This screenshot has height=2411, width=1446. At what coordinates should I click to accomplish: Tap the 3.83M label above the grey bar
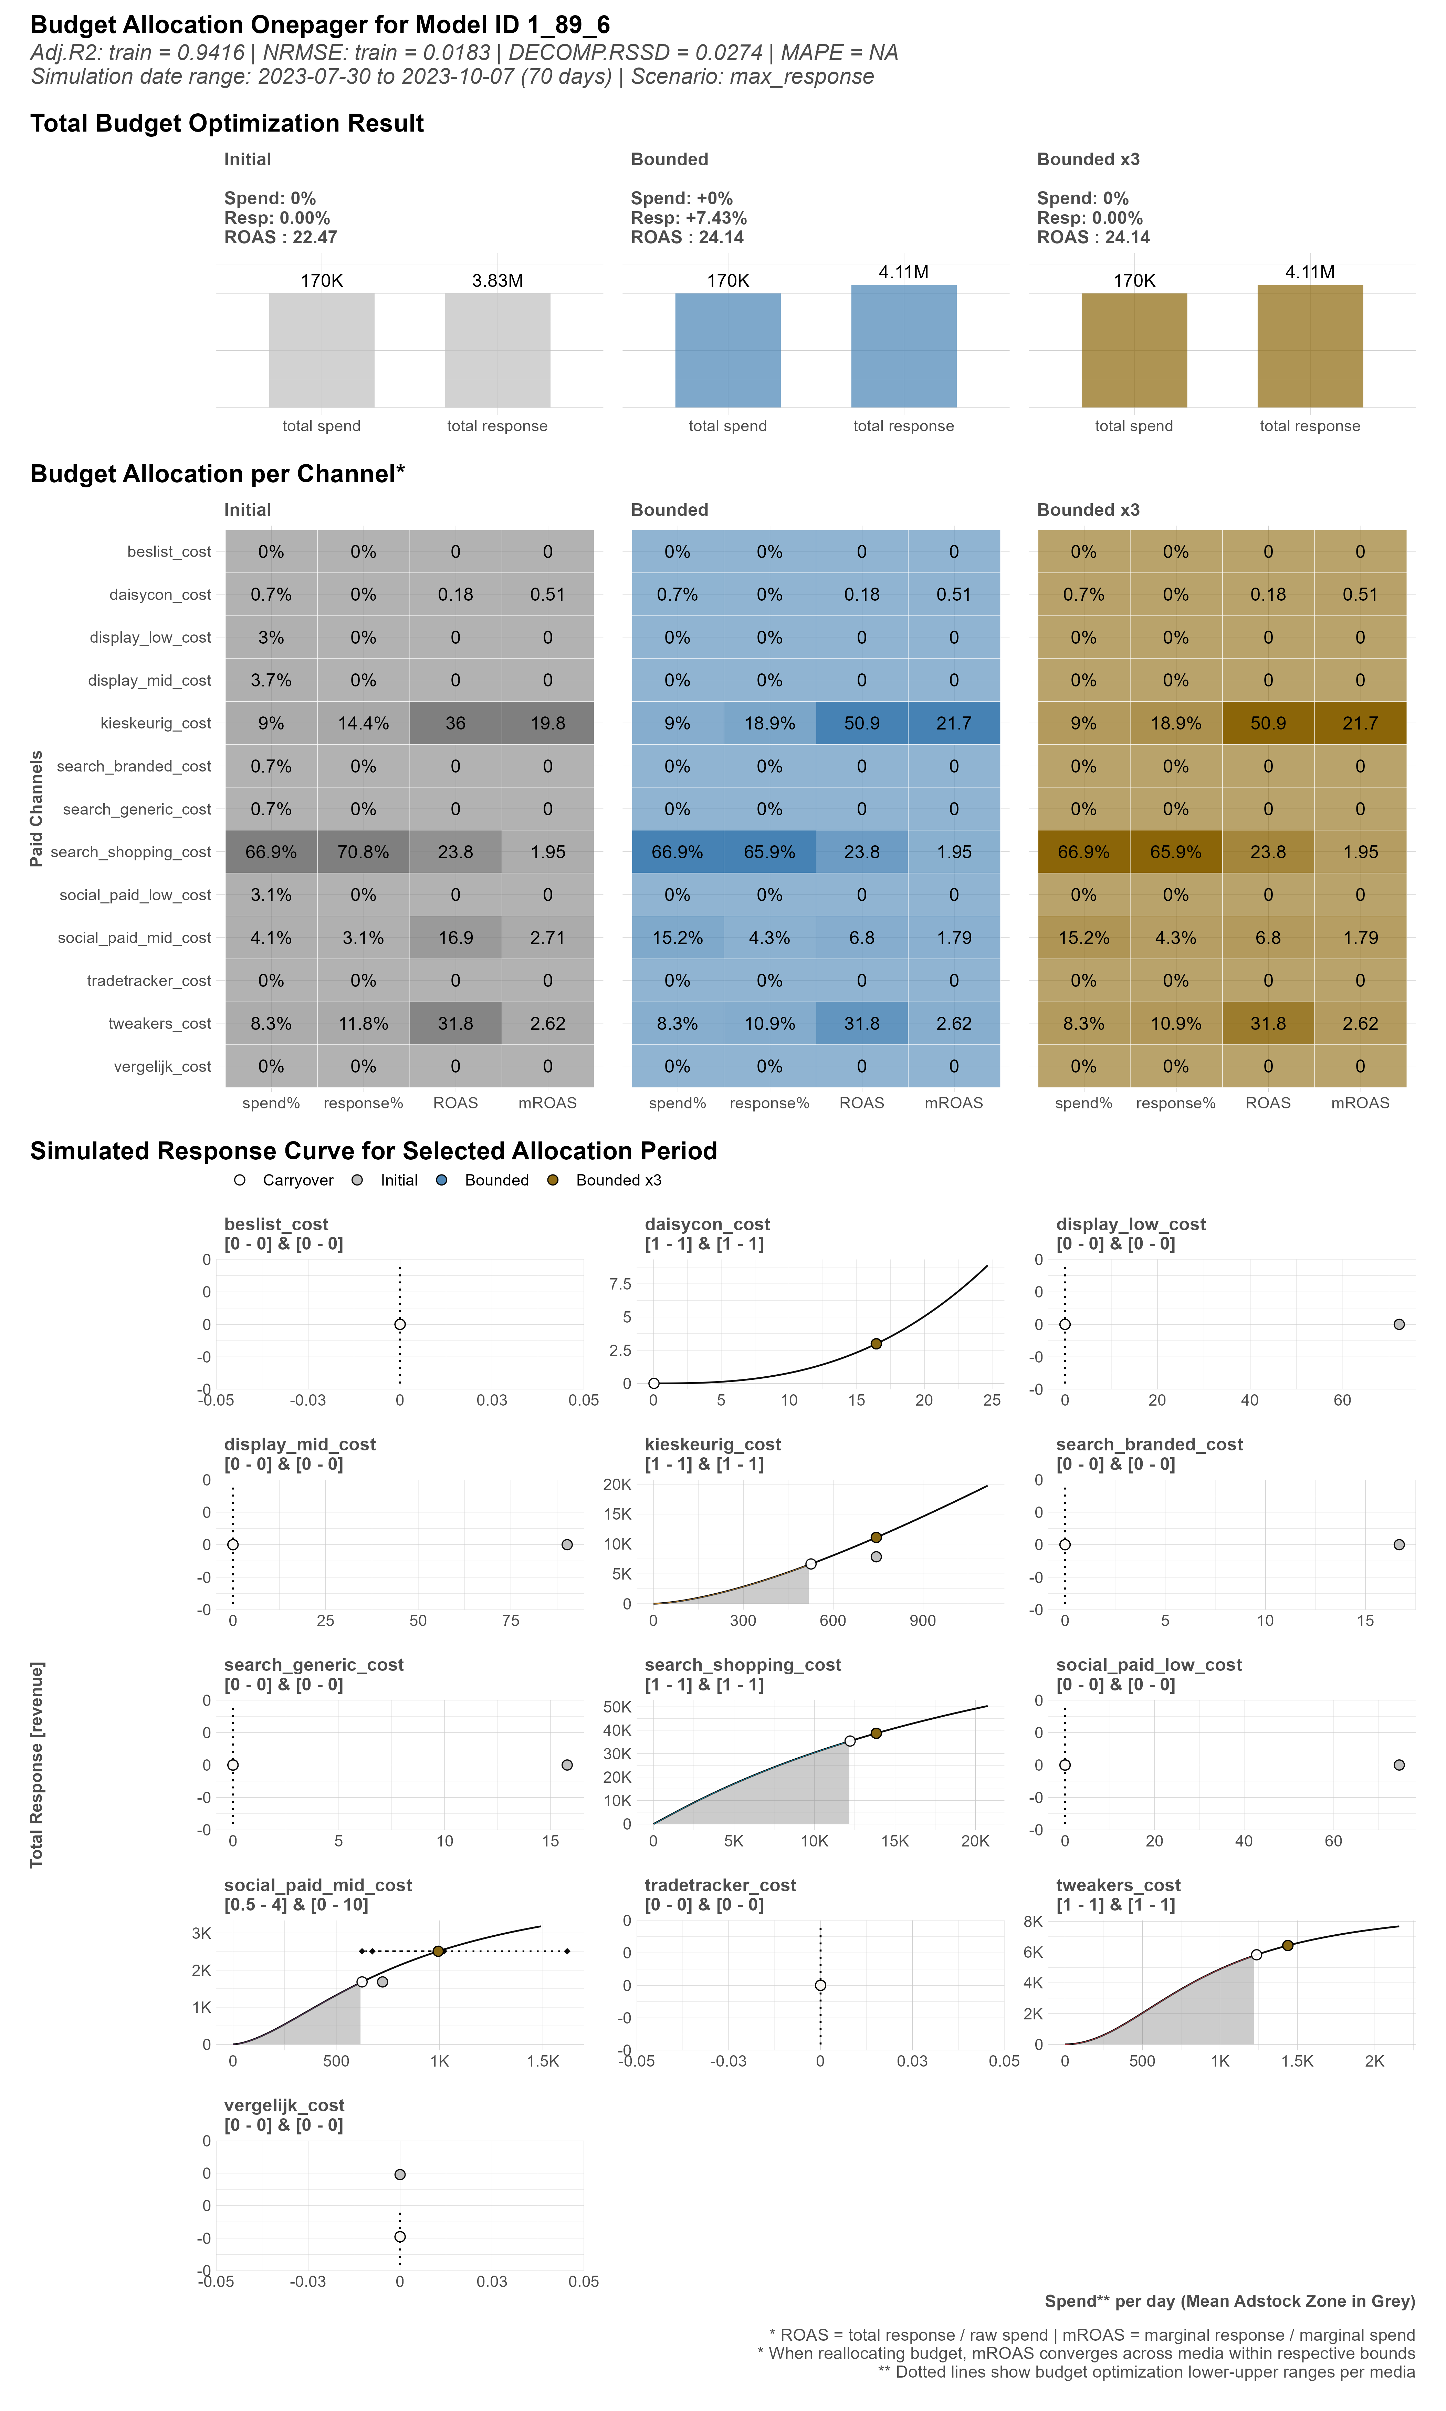pyautogui.click(x=497, y=281)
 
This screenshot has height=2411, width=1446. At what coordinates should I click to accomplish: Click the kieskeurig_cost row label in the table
pyautogui.click(x=155, y=723)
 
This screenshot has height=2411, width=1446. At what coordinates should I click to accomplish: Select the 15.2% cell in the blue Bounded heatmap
pyautogui.click(x=677, y=938)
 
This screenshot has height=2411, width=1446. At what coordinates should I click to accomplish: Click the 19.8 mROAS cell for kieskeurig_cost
pyautogui.click(x=548, y=723)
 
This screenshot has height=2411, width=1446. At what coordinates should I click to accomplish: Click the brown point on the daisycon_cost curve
pyautogui.click(x=876, y=1344)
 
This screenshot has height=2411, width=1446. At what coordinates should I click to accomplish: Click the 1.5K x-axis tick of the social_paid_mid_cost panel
pyautogui.click(x=543, y=2061)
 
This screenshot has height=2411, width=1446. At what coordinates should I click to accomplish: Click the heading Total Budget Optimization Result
pyautogui.click(x=227, y=124)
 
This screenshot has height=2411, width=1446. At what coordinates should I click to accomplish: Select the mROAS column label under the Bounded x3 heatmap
pyautogui.click(x=1360, y=1103)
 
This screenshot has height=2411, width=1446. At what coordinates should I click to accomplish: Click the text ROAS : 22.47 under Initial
pyautogui.click(x=281, y=237)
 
